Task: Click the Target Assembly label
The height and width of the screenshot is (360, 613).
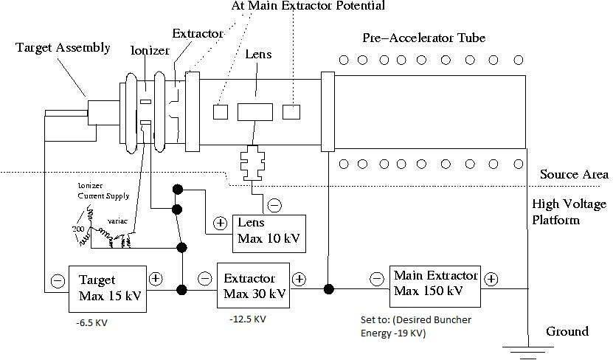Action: pos(63,49)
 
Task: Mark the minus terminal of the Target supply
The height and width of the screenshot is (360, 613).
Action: pos(57,280)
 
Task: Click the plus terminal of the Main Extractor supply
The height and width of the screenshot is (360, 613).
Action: pos(491,280)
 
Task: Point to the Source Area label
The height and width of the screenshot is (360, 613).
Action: pos(574,175)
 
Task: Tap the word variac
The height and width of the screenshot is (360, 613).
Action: pos(117,221)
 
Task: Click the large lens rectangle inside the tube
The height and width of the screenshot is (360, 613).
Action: pos(255,112)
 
